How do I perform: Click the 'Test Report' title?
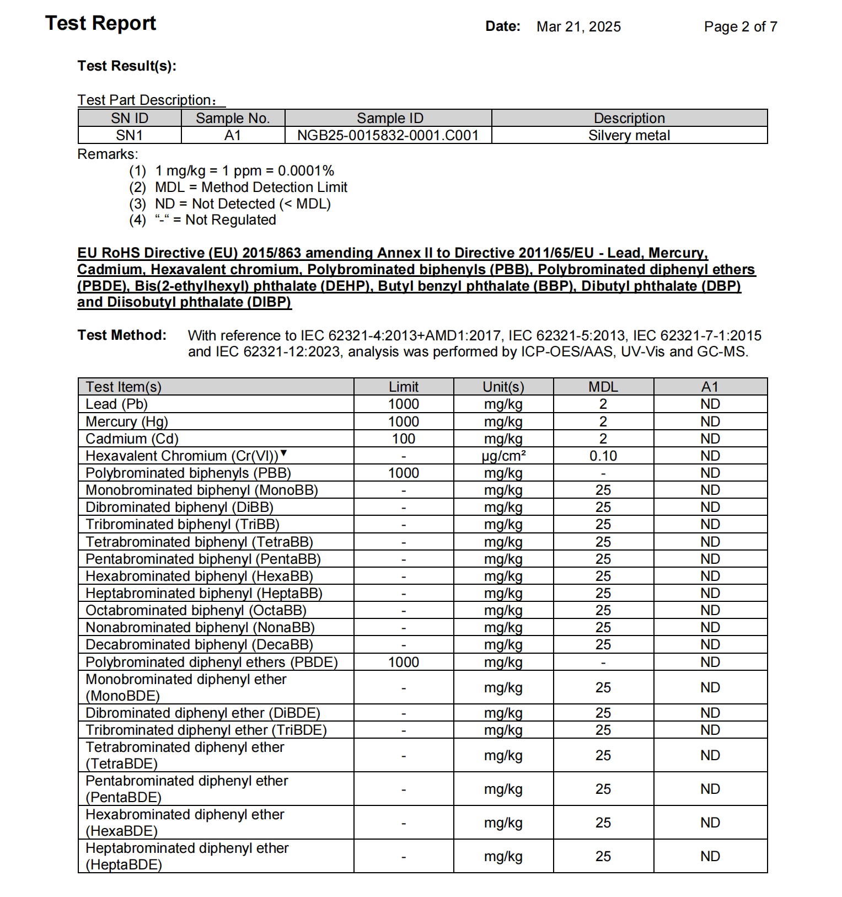point(100,23)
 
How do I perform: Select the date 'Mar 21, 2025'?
point(578,26)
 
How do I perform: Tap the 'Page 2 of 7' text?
point(740,26)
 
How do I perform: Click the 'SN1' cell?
point(130,135)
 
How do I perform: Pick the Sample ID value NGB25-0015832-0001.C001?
point(388,135)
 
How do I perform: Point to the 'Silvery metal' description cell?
point(629,135)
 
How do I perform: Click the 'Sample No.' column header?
point(233,118)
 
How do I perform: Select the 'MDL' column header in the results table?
point(603,387)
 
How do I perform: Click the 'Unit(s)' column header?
point(503,387)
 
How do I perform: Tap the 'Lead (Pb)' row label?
point(116,404)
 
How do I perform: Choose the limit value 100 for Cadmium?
point(403,439)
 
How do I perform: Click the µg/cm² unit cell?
point(503,456)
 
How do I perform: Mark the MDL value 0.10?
point(603,456)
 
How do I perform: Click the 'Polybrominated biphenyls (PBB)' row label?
point(188,473)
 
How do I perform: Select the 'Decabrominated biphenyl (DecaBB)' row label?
point(199,644)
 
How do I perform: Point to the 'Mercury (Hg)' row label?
point(126,421)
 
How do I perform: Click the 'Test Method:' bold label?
point(122,335)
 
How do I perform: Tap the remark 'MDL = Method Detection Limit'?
point(251,187)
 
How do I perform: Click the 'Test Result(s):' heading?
point(127,66)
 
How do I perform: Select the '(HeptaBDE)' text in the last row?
point(124,864)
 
